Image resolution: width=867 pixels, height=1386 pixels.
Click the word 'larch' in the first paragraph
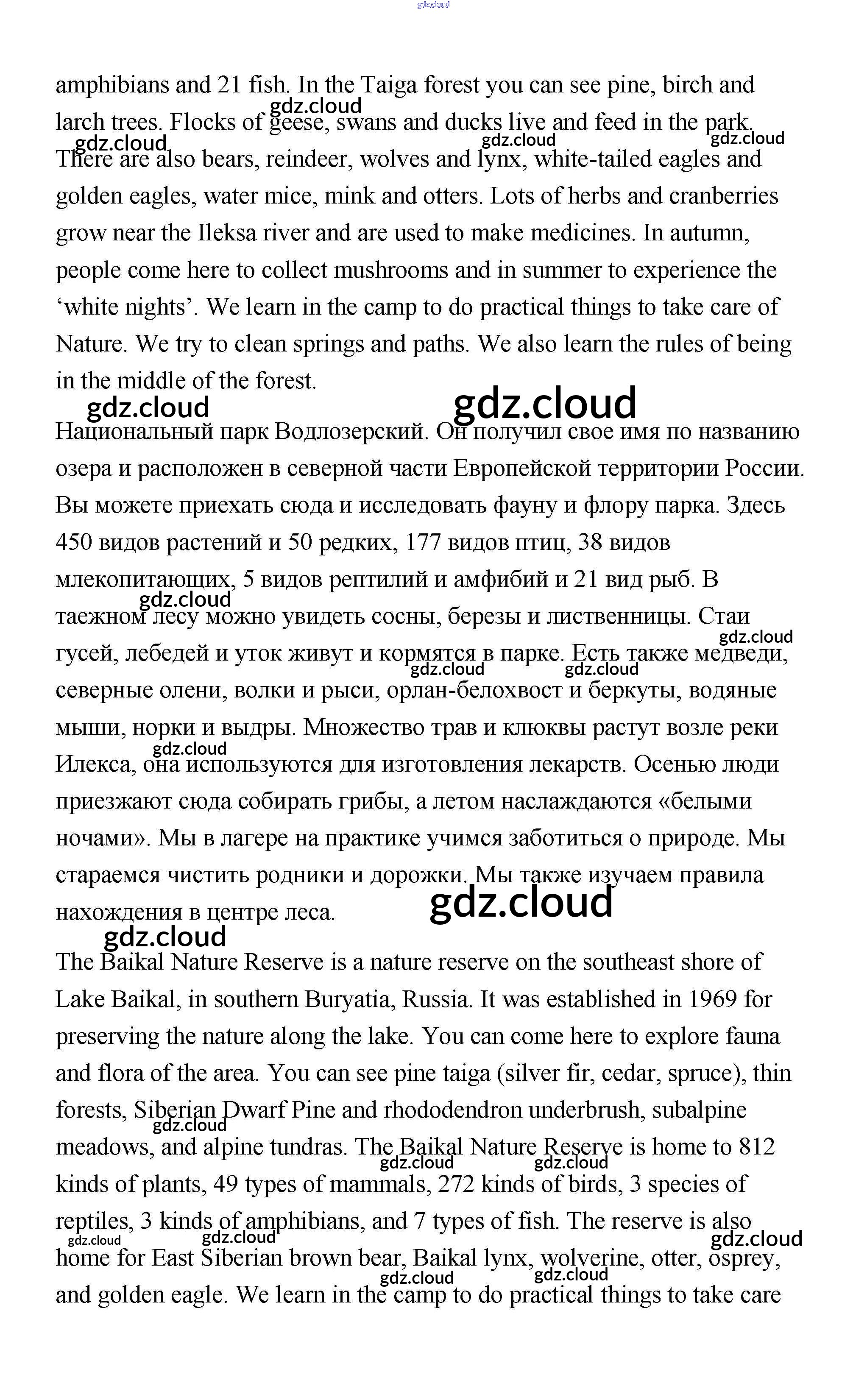[80, 122]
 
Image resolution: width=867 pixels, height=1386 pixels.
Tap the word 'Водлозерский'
[351, 431]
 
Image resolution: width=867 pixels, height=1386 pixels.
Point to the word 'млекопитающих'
[146, 579]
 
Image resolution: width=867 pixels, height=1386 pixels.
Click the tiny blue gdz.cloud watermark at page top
[433, 5]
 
